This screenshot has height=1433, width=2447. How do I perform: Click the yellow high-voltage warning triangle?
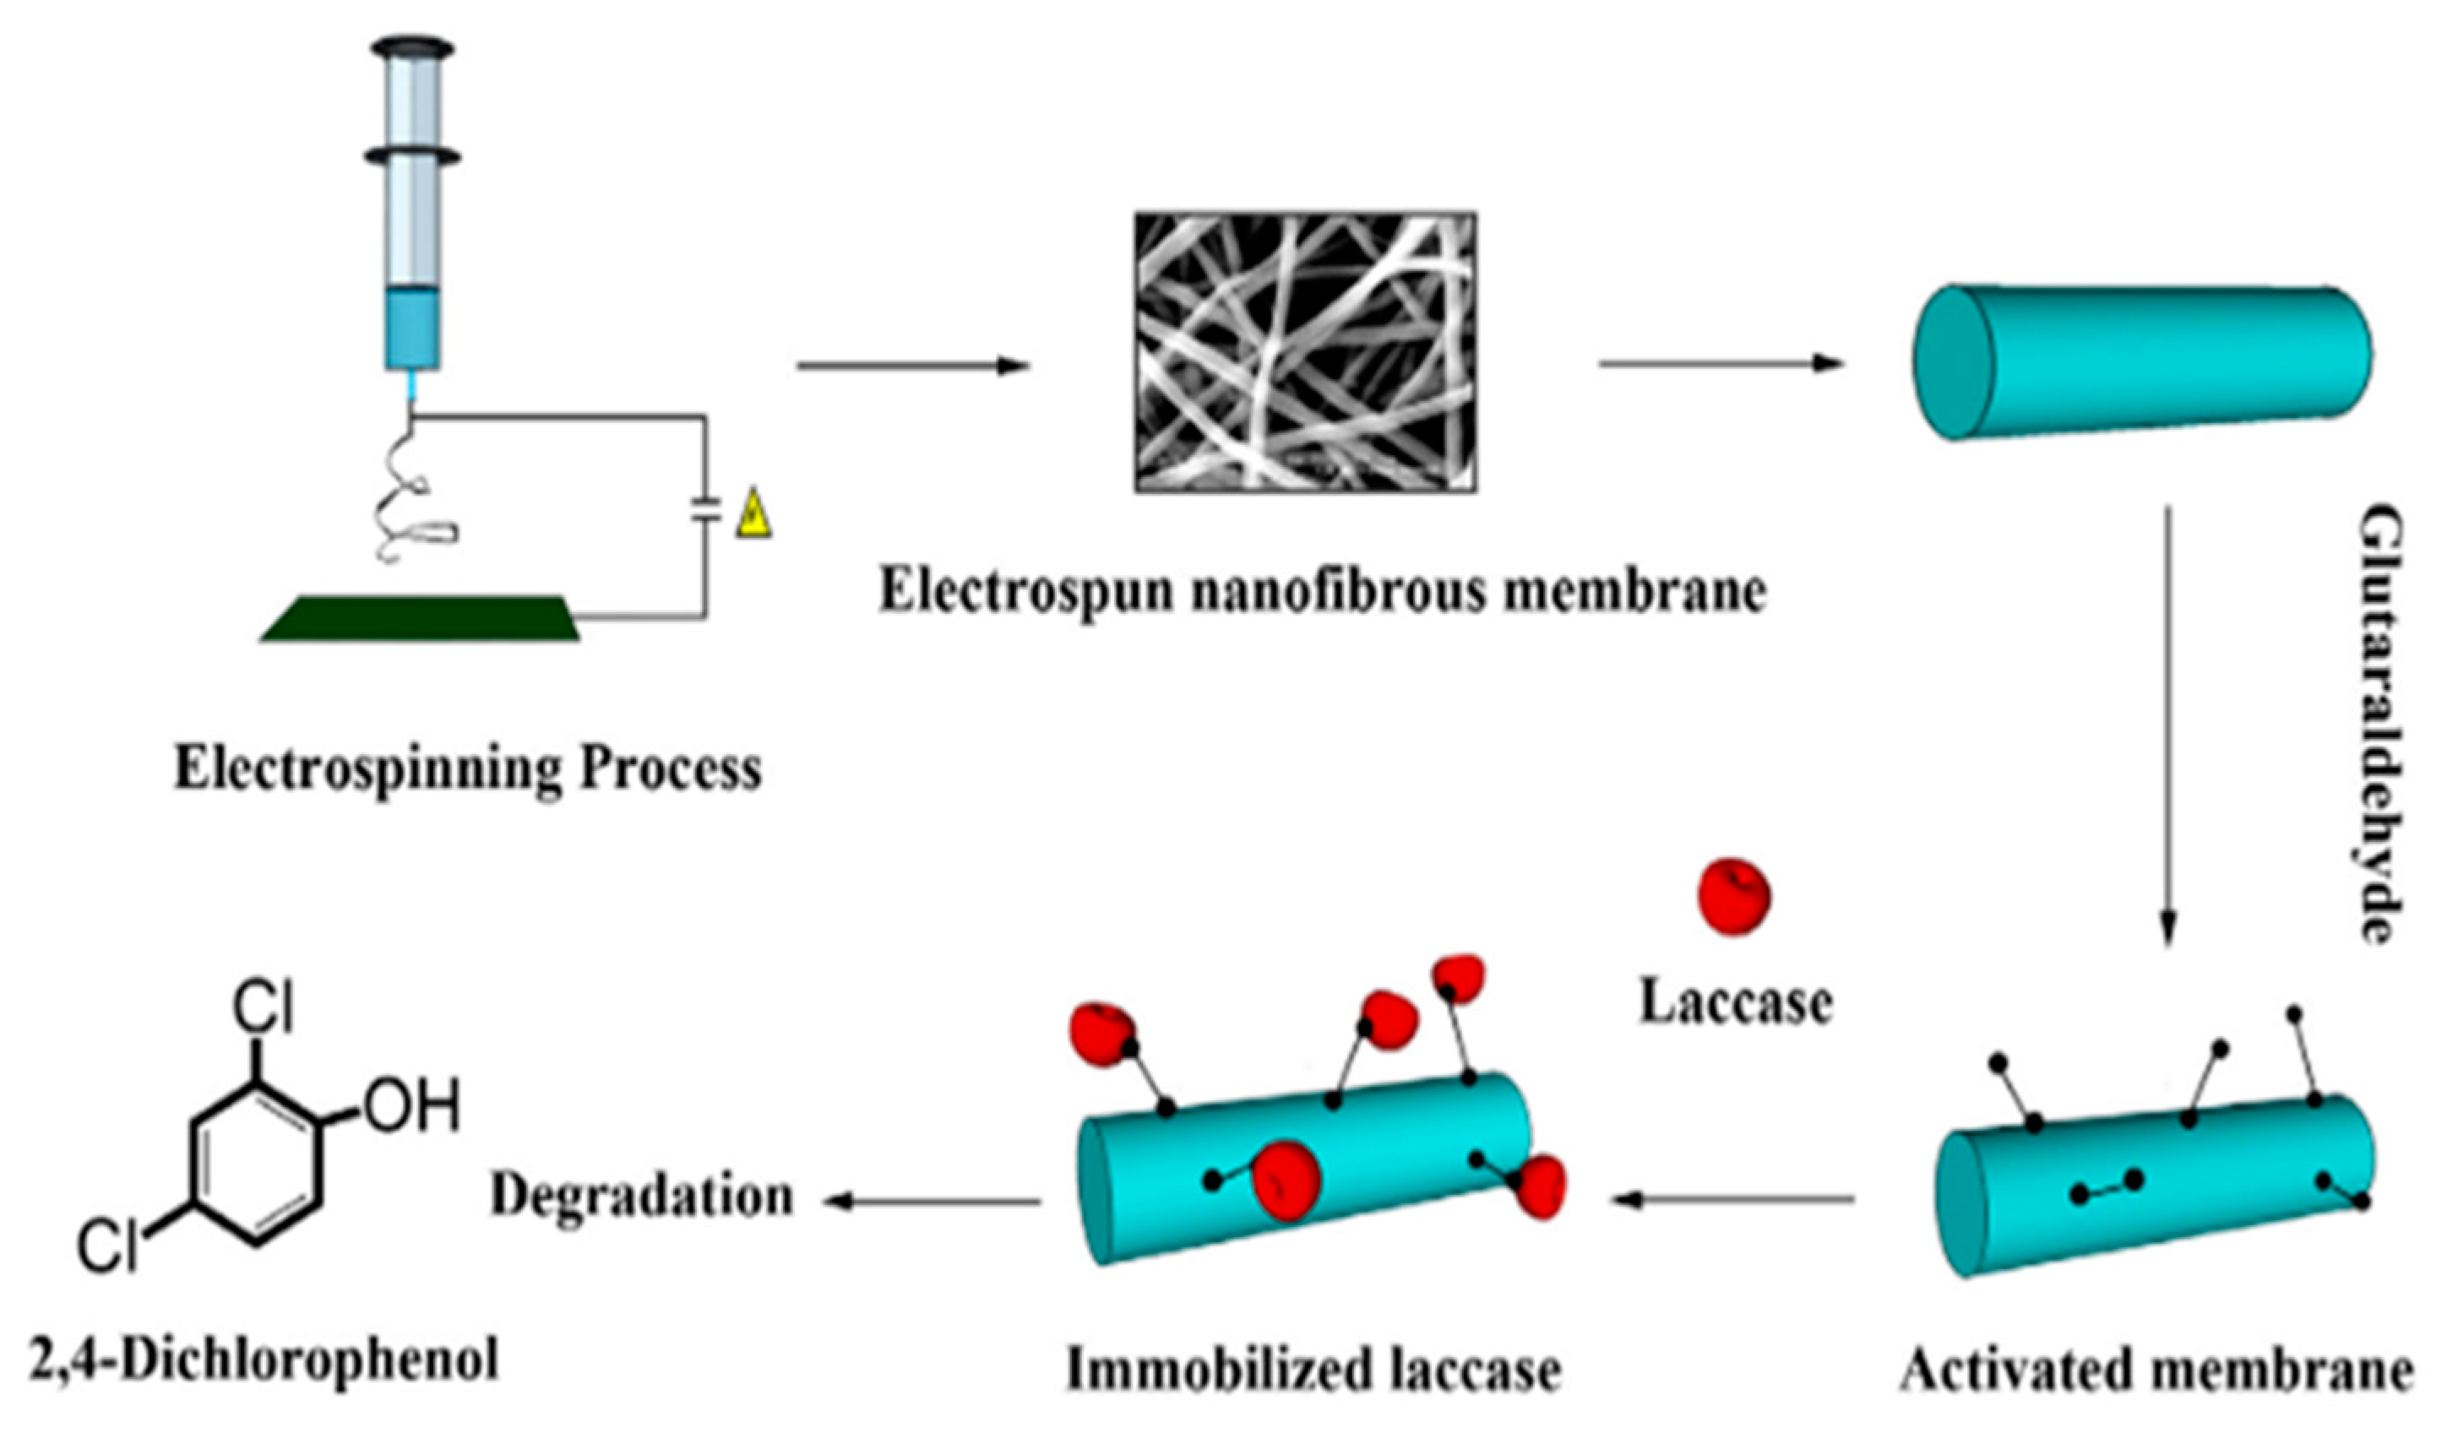[x=753, y=517]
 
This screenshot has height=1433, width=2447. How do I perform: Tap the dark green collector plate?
[x=420, y=618]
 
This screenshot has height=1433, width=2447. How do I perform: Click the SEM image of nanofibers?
[x=1306, y=352]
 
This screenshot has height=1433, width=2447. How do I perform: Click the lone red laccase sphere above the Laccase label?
[x=1733, y=896]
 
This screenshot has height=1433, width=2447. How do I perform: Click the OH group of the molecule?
[x=410, y=1107]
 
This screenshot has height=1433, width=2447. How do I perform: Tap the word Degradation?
[x=642, y=1196]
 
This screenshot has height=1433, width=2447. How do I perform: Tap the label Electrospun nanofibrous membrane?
[x=1322, y=591]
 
